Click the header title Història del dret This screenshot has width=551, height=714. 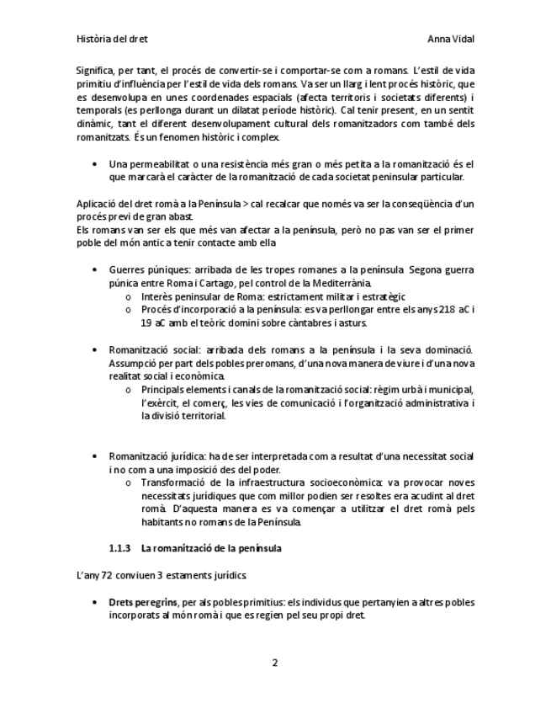coord(111,39)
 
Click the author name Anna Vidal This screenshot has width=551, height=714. coord(451,39)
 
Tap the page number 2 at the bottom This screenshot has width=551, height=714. coord(274,663)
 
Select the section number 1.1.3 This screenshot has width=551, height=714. coord(120,548)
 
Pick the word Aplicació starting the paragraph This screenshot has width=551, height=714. coord(98,205)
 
